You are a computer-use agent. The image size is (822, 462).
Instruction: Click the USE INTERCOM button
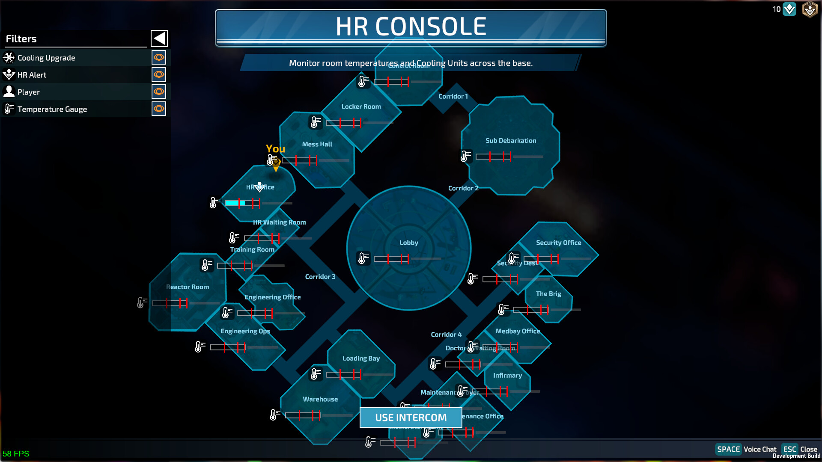[x=411, y=418]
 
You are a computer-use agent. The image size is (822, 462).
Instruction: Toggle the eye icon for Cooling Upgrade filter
[x=159, y=57]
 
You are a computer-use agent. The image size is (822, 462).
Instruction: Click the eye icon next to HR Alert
[x=159, y=74]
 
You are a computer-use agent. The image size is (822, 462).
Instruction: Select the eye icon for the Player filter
[x=159, y=92]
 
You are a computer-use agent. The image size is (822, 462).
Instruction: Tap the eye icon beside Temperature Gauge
[x=159, y=109]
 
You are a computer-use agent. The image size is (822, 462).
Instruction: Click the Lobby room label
[x=409, y=243]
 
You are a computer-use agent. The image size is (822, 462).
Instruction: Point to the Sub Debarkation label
[x=511, y=140]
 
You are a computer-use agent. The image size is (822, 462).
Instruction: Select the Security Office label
[x=558, y=243]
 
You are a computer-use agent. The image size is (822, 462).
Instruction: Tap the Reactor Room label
[x=188, y=287]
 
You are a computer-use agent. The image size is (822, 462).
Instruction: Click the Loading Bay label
[x=361, y=358]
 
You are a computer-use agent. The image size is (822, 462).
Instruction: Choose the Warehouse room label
[x=320, y=399]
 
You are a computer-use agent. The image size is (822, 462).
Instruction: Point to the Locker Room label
[x=361, y=107]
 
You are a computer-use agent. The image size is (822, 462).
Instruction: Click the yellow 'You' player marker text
[x=275, y=149]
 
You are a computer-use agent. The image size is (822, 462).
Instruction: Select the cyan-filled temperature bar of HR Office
[x=235, y=203]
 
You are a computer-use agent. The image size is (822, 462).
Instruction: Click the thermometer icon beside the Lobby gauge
[x=363, y=258]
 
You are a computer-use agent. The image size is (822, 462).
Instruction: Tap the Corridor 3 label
[x=320, y=277]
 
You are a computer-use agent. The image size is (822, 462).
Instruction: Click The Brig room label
[x=548, y=294]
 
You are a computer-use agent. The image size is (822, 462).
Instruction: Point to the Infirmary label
[x=507, y=376]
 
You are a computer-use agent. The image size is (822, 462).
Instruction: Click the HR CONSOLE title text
[x=411, y=27]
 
